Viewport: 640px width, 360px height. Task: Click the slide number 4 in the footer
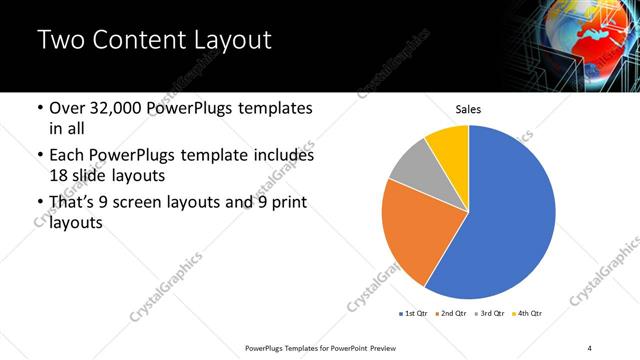(x=590, y=346)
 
